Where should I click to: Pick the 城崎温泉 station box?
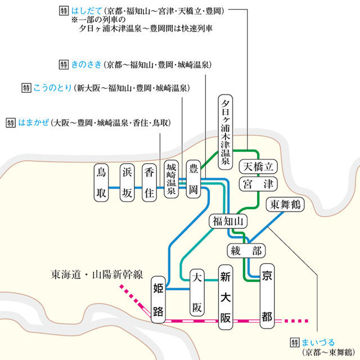(x=172, y=179)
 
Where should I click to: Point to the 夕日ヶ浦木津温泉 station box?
(x=226, y=133)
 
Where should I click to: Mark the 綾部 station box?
(x=246, y=250)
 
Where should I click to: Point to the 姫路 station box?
(x=158, y=301)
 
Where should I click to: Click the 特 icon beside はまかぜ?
(x=11, y=122)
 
